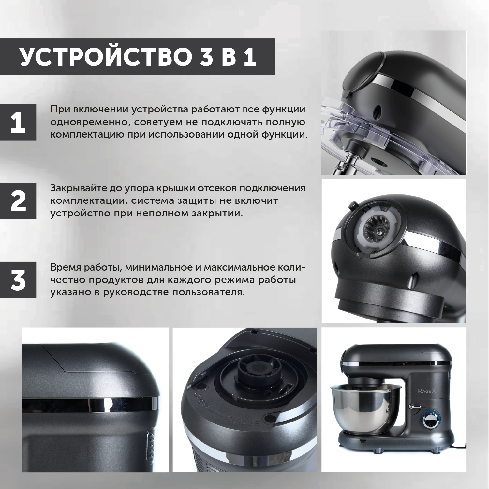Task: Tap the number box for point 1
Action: pyautogui.click(x=18, y=122)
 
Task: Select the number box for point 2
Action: pyautogui.click(x=18, y=200)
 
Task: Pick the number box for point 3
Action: pyautogui.click(x=18, y=280)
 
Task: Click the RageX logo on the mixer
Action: pyautogui.click(x=423, y=391)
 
